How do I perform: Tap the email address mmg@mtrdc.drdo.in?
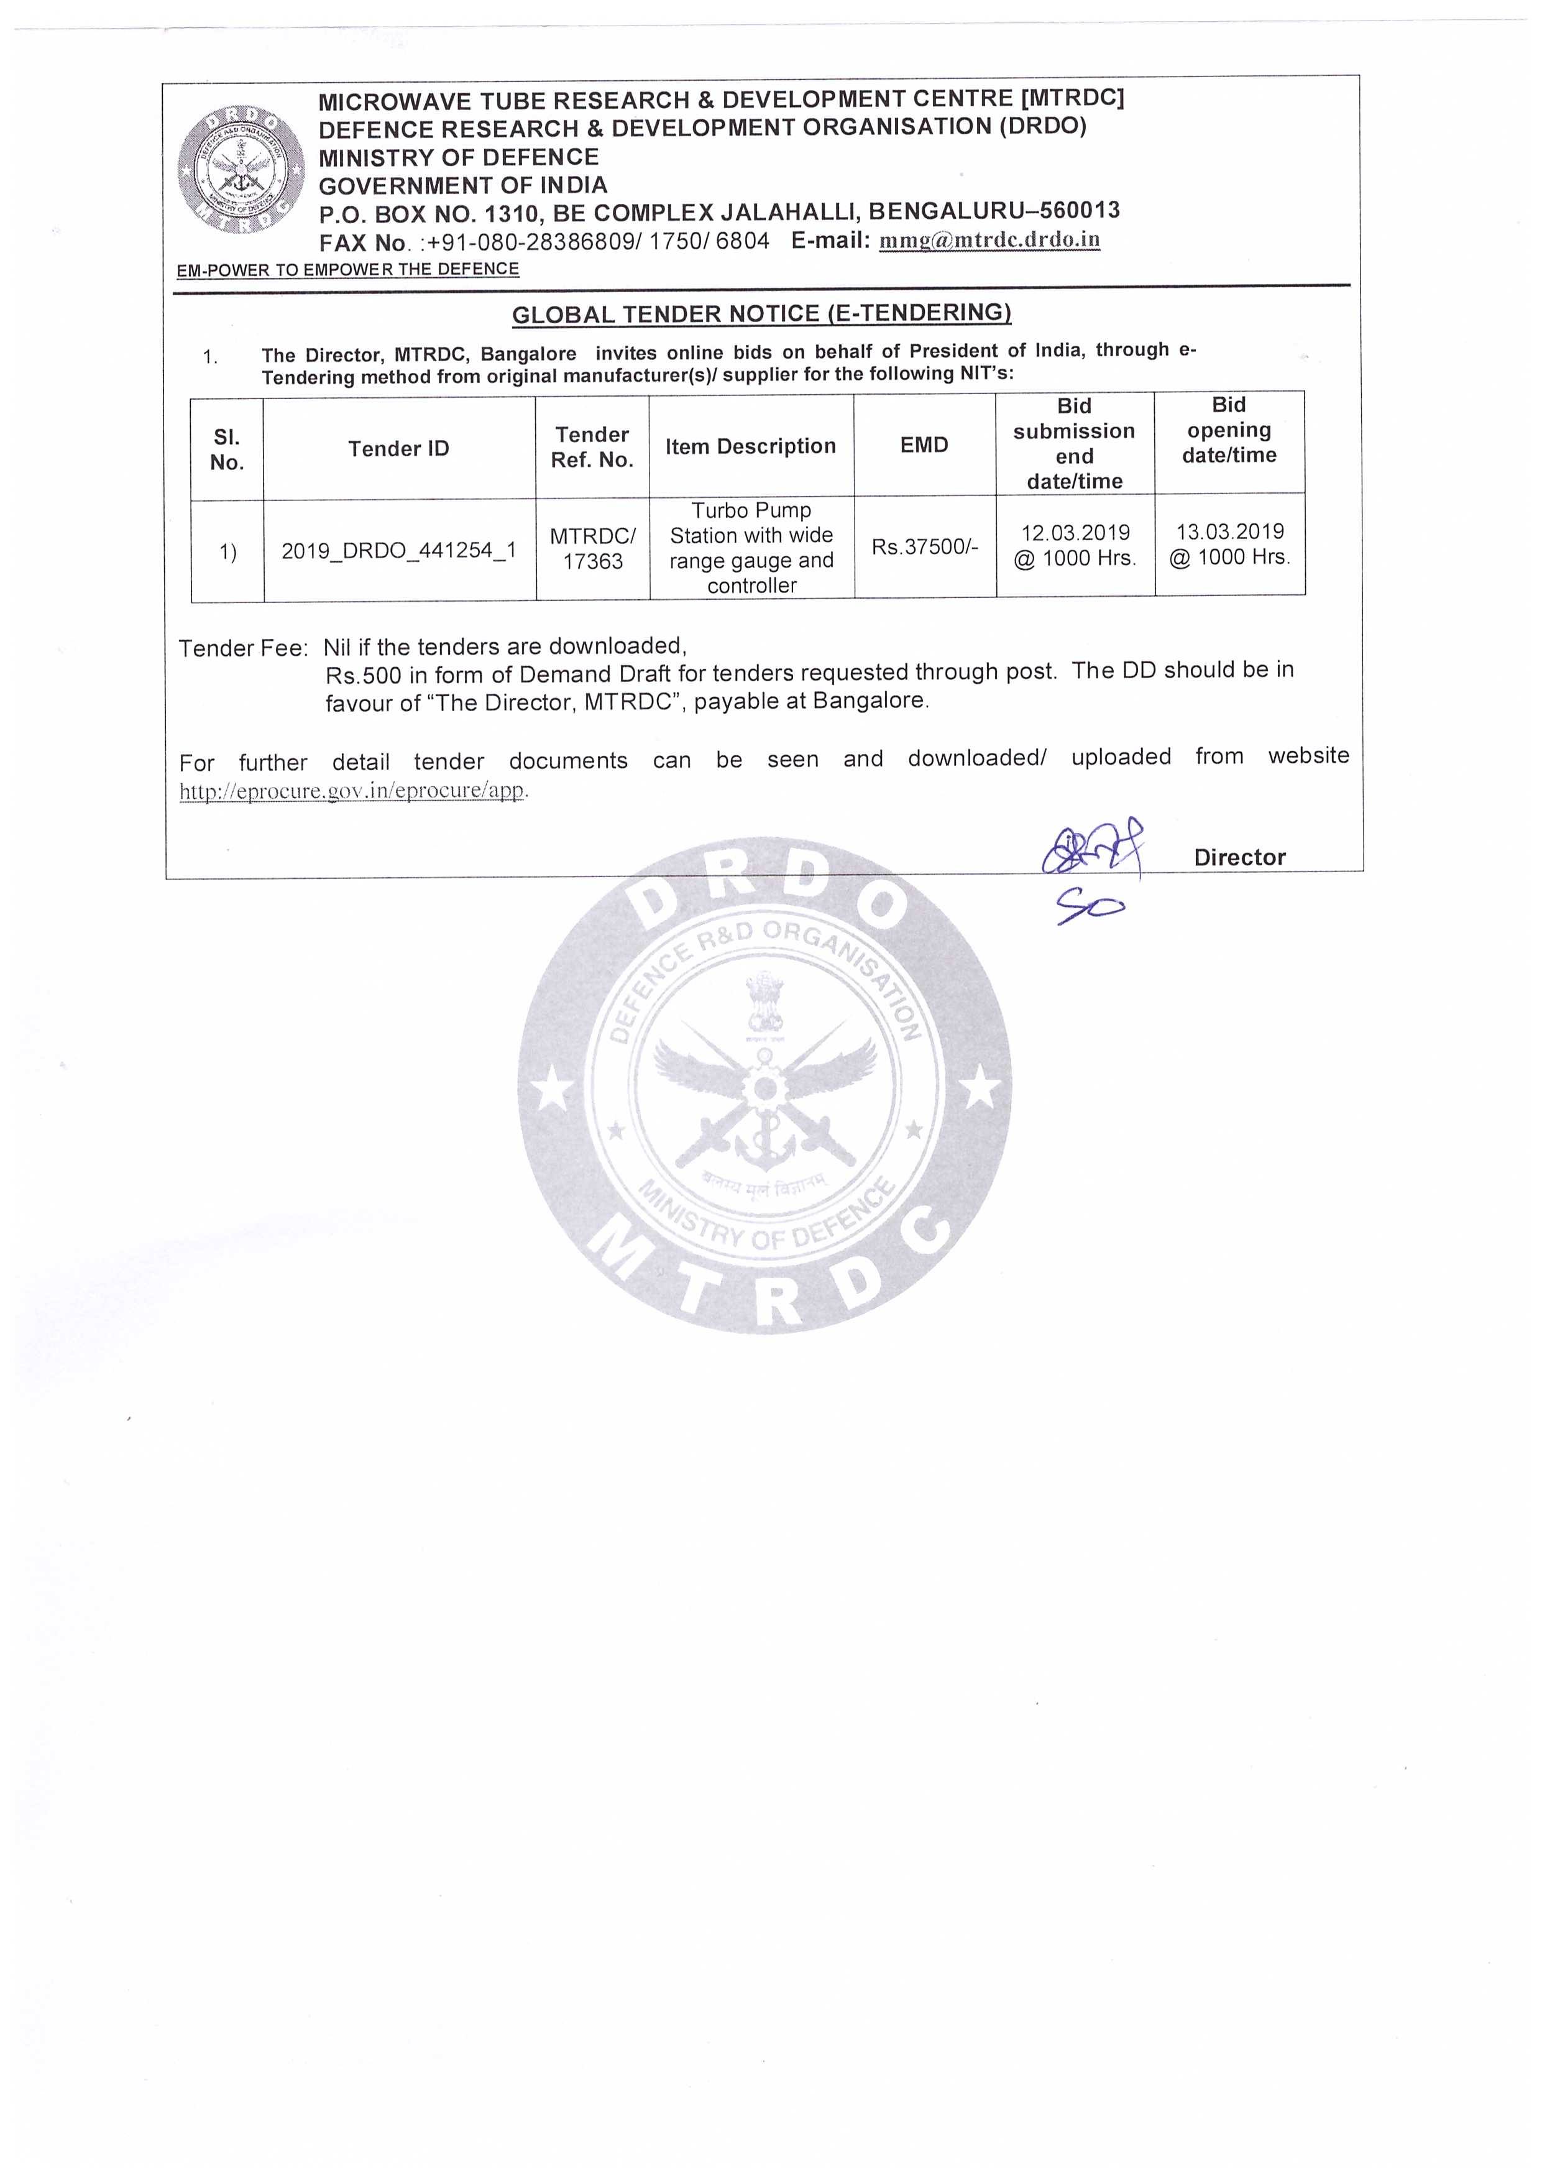[x=989, y=239]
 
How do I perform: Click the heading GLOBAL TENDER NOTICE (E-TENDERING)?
[x=761, y=313]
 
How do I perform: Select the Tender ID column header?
[x=399, y=448]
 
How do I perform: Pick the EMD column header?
[x=924, y=444]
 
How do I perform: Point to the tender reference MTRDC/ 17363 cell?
[x=592, y=549]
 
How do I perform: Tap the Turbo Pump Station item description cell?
[x=751, y=548]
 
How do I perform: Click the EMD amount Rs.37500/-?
[x=924, y=547]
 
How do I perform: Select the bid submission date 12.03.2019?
[x=1075, y=533]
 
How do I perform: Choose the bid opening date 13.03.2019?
[x=1229, y=531]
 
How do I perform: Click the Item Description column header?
[x=750, y=446]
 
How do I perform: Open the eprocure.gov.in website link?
[x=351, y=791]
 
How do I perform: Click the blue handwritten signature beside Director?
[x=1092, y=850]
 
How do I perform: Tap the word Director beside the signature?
[x=1239, y=857]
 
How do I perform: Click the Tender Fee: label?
[x=243, y=648]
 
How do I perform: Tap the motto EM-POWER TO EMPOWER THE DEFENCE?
[x=347, y=270]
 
